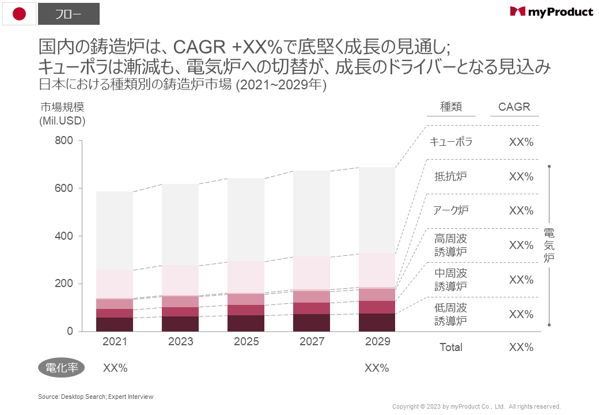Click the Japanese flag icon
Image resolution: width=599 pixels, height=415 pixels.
pyautogui.click(x=19, y=13)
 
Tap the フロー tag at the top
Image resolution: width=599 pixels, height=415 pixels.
pyautogui.click(x=69, y=14)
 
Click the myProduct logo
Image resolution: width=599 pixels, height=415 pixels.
pyautogui.click(x=551, y=12)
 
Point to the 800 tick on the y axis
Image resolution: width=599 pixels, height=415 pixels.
pyautogui.click(x=64, y=141)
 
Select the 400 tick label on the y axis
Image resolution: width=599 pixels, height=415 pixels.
pyautogui.click(x=64, y=236)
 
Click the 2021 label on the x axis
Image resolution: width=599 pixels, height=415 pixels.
pyautogui.click(x=115, y=342)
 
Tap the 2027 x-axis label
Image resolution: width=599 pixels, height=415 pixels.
pyautogui.click(x=312, y=342)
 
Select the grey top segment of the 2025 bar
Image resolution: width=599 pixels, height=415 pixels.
pyautogui.click(x=246, y=219)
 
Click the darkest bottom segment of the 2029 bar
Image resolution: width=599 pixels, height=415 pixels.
pyautogui.click(x=377, y=322)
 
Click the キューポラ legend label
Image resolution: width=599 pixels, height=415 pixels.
pyautogui.click(x=451, y=142)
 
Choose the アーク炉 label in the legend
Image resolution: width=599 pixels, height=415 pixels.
pyautogui.click(x=451, y=210)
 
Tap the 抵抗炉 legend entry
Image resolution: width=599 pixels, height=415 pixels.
pyautogui.click(x=451, y=176)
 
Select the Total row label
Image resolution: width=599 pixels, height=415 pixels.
pyautogui.click(x=451, y=347)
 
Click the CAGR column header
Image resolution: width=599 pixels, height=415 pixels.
pyautogui.click(x=514, y=107)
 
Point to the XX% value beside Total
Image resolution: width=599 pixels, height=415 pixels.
pyautogui.click(x=521, y=347)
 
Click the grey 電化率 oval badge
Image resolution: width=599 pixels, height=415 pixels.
pyautogui.click(x=62, y=368)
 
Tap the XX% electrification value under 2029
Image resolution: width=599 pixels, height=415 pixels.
pyautogui.click(x=377, y=368)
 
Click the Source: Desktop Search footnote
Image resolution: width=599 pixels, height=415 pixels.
pyautogui.click(x=96, y=397)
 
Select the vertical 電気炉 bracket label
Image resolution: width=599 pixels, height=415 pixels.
pyautogui.click(x=549, y=245)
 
